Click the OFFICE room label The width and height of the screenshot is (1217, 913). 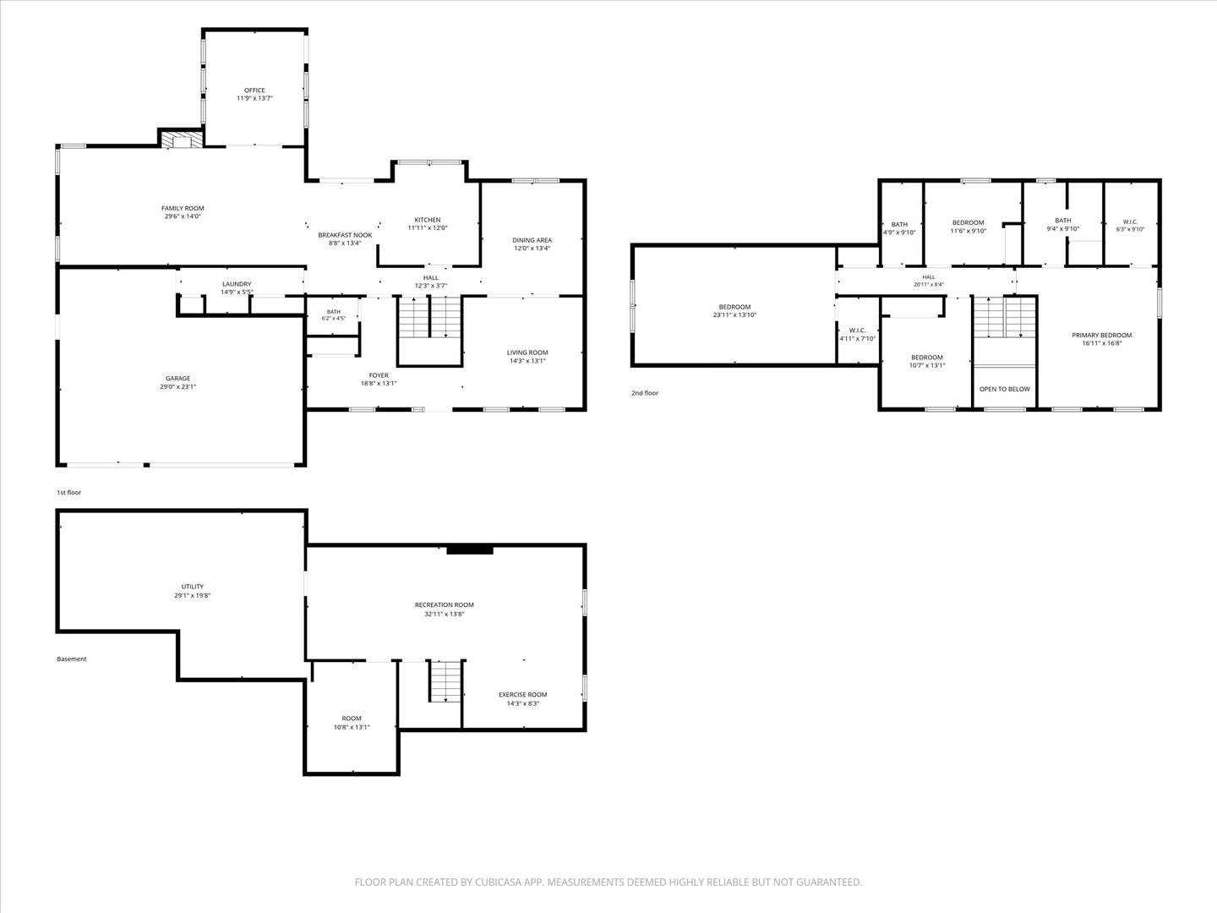tap(254, 90)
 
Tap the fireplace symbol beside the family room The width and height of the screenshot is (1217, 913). tap(182, 139)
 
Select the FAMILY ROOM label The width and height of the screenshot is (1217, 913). tap(183, 208)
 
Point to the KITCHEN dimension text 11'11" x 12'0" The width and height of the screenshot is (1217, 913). tap(427, 227)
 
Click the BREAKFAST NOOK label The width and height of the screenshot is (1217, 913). tap(345, 235)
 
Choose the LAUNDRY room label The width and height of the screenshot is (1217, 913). tap(237, 284)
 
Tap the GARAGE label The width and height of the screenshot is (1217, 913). tap(178, 378)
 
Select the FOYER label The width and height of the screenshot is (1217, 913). tap(379, 375)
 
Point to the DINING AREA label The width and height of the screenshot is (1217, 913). tap(532, 240)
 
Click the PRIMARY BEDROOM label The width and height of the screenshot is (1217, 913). tap(1102, 335)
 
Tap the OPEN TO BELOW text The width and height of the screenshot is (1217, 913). tap(1005, 389)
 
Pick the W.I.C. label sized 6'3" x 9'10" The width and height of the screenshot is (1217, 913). tap(1130, 221)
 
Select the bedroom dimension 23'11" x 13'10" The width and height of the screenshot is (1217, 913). tap(734, 314)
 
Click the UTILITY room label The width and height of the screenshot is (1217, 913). tap(193, 587)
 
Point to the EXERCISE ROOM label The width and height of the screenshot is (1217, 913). tap(523, 694)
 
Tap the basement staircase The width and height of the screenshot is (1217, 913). tap(446, 681)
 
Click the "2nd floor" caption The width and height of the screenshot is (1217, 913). tap(645, 393)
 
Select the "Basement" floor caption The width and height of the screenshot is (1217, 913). tap(72, 659)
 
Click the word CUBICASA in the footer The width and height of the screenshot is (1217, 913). tap(498, 882)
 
